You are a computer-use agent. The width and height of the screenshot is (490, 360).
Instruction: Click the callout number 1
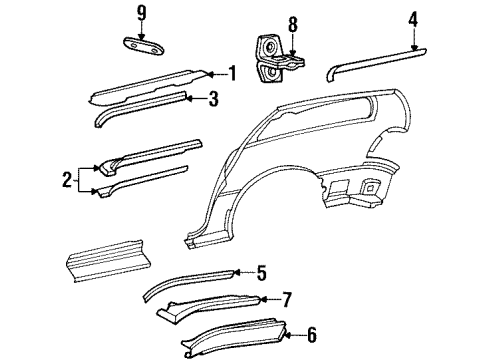[x=231, y=72]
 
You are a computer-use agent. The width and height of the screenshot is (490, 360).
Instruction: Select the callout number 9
[x=142, y=14]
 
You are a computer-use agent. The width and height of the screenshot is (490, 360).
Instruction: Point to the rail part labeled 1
[x=150, y=82]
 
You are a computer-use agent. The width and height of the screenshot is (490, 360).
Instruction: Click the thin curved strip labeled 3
[x=140, y=106]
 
